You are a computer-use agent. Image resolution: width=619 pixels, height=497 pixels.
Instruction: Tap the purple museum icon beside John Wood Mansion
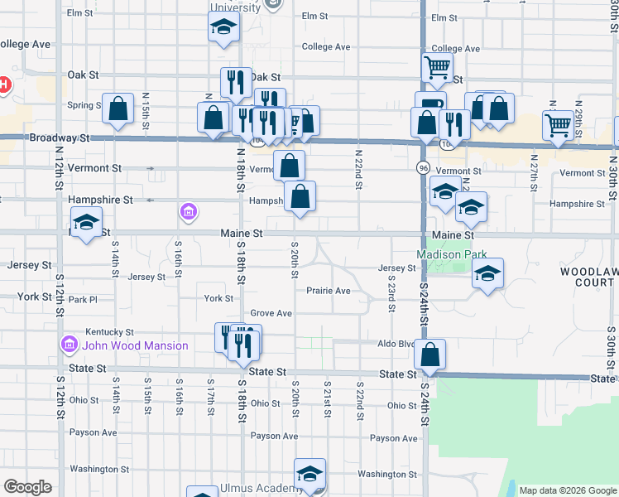coord(69,344)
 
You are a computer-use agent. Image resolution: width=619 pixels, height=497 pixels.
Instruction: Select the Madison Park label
coord(451,254)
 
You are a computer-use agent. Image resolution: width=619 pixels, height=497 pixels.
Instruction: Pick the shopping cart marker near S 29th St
coord(559,125)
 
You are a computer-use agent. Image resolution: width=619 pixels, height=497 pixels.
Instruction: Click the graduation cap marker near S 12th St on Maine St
coord(85,224)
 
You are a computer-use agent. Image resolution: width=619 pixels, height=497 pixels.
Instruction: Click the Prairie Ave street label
coord(329,291)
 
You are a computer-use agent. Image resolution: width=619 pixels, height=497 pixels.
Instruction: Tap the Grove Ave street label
coord(271,313)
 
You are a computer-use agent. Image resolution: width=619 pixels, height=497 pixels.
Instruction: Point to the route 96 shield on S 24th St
coord(422,167)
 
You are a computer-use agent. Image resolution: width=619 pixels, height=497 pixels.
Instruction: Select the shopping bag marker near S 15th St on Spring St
coord(118,109)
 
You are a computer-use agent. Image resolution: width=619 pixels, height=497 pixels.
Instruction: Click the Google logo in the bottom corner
coord(27,487)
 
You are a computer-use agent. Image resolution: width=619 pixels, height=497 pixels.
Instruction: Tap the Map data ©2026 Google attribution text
coord(567,490)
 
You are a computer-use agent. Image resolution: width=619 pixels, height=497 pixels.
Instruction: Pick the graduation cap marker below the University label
coord(223,29)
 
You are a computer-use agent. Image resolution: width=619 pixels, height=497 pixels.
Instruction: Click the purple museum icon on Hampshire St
coord(189,214)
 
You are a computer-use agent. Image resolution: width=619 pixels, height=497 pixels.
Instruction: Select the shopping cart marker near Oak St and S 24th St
coord(436,68)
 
